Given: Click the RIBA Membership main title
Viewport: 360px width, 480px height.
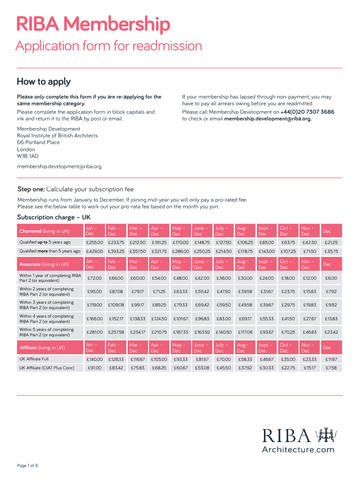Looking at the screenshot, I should [93, 24].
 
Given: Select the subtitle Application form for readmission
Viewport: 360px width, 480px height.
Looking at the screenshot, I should [109, 46].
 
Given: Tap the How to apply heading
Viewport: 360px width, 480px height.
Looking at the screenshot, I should [44, 82].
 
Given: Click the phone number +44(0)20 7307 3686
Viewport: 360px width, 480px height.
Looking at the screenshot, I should [307, 112].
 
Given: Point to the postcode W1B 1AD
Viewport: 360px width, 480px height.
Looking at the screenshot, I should [28, 156].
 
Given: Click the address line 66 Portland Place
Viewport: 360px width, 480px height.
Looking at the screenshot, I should [38, 142].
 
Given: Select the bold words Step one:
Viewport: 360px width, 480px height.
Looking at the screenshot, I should [31, 189].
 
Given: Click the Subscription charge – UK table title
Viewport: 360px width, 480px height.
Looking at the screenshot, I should [54, 217].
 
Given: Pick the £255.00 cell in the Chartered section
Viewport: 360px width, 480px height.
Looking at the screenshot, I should [94, 242].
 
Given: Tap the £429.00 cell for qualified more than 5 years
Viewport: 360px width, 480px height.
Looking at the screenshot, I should [94, 251].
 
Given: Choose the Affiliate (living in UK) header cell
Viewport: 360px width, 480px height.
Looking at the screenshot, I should [42, 347].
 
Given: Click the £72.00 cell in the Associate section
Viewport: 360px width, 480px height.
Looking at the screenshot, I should [94, 278].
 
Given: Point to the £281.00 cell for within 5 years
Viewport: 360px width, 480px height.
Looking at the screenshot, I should [94, 332].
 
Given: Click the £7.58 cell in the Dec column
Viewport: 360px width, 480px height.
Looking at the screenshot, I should [331, 368].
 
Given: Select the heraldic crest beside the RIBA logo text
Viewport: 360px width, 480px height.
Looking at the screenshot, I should [325, 435].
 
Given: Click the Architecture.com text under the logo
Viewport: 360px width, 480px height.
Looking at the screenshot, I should [298, 450].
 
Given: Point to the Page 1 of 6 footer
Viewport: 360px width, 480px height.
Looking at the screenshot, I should [28, 465].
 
